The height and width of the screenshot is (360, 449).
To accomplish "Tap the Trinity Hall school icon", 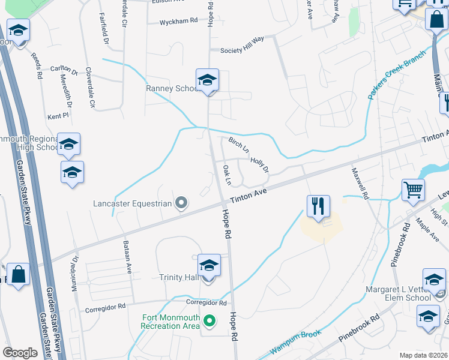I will [x=208, y=266].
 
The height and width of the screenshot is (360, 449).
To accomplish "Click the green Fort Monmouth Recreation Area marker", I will [x=209, y=322].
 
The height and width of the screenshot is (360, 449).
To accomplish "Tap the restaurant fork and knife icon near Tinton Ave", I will [x=318, y=206].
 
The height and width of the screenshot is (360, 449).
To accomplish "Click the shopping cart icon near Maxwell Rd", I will [x=413, y=190].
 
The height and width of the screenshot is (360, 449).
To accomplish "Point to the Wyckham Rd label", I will [x=178, y=22].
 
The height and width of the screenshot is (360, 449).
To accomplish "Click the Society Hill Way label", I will [x=243, y=50].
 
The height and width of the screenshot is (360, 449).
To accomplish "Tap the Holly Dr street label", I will [x=259, y=164].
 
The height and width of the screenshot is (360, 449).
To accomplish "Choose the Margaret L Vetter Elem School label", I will [x=398, y=293].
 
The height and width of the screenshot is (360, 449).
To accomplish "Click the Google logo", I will [x=20, y=353].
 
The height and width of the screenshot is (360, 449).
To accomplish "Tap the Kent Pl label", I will [x=55, y=116].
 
